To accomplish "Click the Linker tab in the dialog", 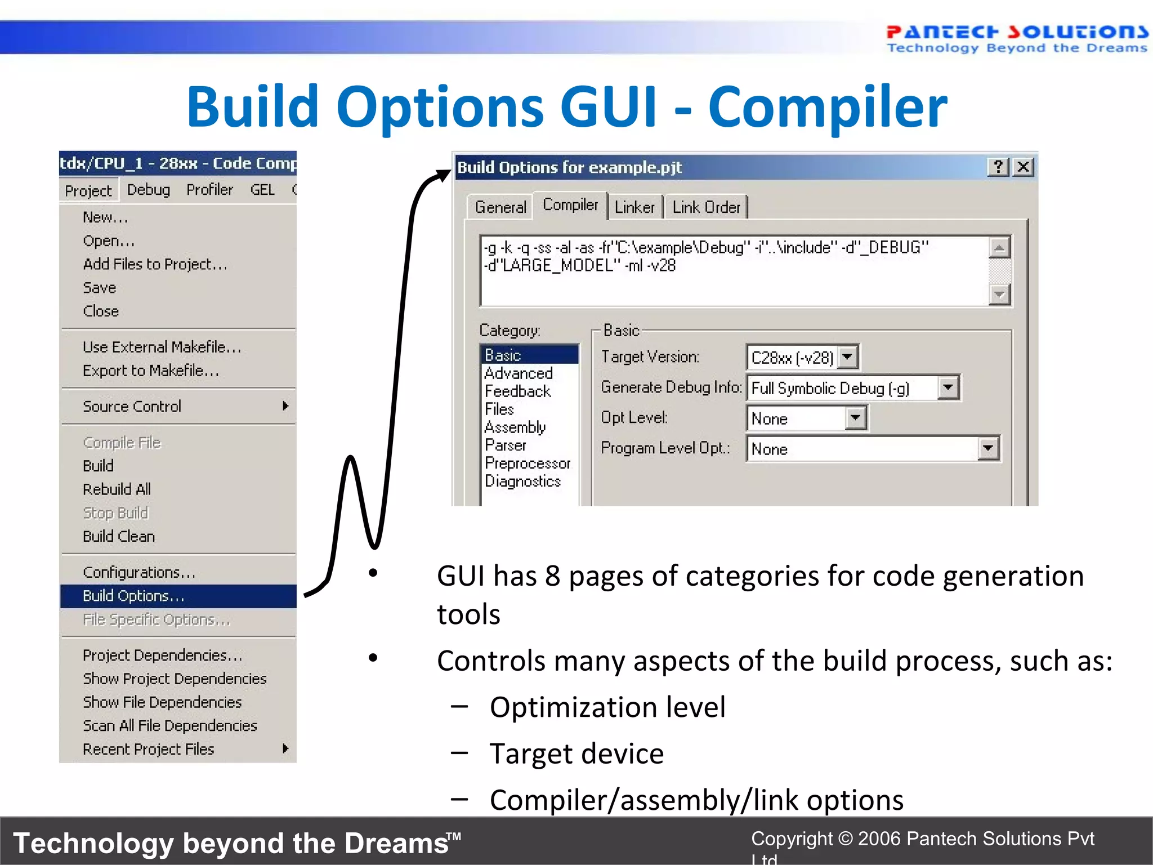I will [634, 208].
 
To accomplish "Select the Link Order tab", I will [706, 208].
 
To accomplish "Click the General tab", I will [500, 208].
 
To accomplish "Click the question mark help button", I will [998, 167].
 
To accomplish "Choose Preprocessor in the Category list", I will [528, 463].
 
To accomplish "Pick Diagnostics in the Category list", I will [522, 481].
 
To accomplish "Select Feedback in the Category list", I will [517, 391].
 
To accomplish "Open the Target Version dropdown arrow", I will [847, 358].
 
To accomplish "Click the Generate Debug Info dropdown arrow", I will [948, 388].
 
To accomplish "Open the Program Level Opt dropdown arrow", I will [988, 449].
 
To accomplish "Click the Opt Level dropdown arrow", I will [856, 418].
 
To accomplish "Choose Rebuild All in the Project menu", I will [117, 489].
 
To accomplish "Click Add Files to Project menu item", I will [155, 264].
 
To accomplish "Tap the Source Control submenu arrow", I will [285, 406].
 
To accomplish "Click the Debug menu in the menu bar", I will [148, 190].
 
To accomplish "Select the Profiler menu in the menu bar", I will [209, 190].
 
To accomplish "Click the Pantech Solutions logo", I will [1016, 38].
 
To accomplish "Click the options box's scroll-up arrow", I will [999, 248].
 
